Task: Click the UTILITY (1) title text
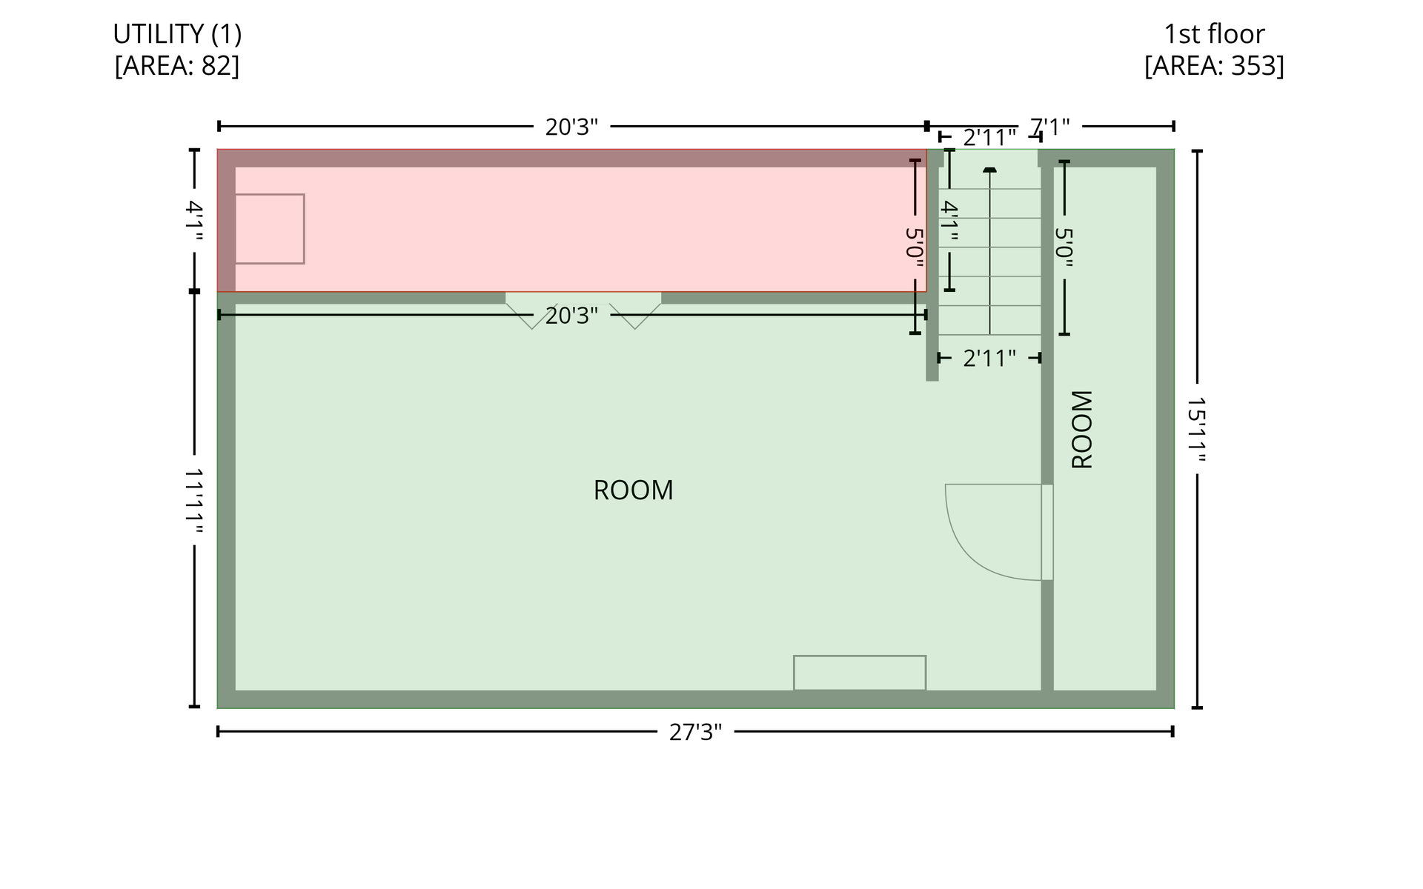click(x=177, y=34)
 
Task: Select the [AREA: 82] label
click(x=177, y=66)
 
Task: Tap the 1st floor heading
click(x=1214, y=34)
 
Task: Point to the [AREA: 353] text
click(x=1214, y=66)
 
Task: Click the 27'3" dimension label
click(x=695, y=732)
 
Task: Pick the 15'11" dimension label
click(x=1197, y=429)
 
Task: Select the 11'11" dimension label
click(x=194, y=500)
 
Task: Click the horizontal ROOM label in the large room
click(x=633, y=490)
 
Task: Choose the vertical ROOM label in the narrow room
click(x=1082, y=429)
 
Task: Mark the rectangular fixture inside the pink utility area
click(x=270, y=229)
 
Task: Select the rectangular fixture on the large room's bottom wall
click(x=860, y=673)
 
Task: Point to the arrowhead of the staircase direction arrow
click(x=989, y=170)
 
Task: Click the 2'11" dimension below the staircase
click(x=989, y=359)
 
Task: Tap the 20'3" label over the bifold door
click(x=571, y=316)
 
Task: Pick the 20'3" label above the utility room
click(x=571, y=127)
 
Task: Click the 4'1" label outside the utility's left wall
click(x=194, y=220)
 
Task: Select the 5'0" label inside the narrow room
click(x=1064, y=247)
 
